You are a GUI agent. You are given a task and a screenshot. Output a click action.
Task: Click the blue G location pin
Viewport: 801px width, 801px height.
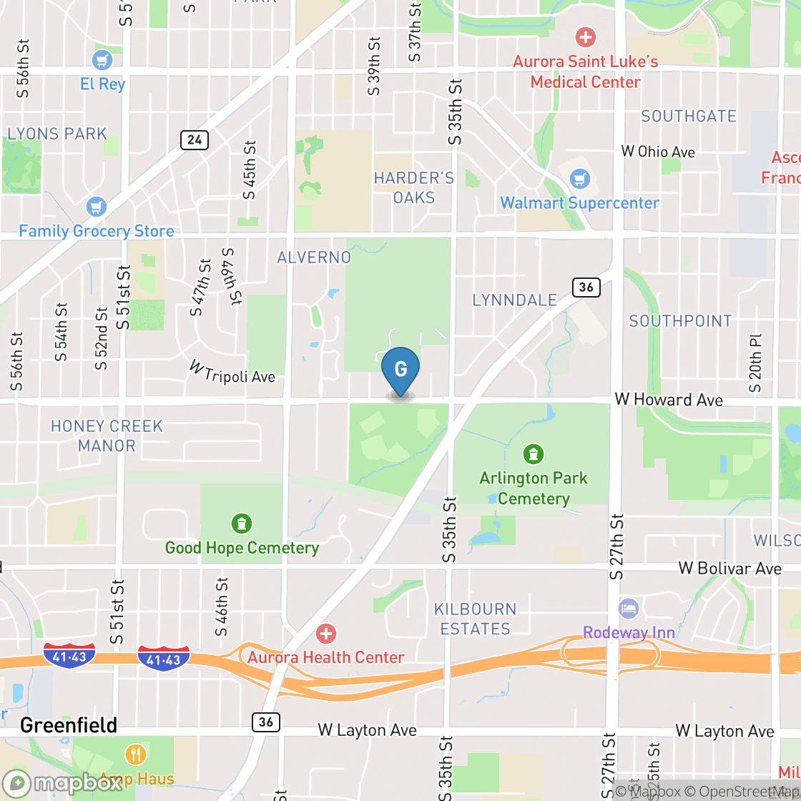(400, 370)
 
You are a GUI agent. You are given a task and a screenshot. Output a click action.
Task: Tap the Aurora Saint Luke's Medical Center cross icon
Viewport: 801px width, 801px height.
(585, 36)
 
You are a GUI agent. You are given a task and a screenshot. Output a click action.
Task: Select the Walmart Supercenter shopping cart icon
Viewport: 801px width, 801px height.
(581, 179)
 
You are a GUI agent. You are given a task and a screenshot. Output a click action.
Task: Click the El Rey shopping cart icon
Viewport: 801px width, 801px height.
(103, 59)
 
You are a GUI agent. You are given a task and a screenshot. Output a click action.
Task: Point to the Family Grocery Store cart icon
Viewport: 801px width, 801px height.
(96, 207)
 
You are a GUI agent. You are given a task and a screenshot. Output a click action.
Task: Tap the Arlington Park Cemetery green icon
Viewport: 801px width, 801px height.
(533, 453)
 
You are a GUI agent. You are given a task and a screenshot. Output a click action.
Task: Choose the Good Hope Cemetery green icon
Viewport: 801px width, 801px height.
(242, 524)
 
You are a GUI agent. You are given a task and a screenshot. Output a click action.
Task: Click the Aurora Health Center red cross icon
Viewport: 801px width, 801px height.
(326, 633)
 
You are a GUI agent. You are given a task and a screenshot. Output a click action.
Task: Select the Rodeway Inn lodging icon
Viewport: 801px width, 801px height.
(629, 609)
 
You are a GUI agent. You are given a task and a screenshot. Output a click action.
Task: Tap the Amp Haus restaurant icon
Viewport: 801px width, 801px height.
(135, 754)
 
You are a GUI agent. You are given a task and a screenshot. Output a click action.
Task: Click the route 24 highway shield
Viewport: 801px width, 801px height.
(195, 139)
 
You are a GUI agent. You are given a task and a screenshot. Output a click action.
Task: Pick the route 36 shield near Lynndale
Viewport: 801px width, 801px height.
(586, 288)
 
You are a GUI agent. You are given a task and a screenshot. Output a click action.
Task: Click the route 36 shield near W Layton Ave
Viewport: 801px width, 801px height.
(265, 722)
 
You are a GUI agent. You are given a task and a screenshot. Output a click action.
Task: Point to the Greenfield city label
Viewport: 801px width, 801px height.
(69, 725)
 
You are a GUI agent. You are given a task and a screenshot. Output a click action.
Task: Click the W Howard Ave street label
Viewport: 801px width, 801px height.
(669, 400)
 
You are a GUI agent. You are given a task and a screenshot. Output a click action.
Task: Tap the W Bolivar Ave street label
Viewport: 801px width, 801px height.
(729, 569)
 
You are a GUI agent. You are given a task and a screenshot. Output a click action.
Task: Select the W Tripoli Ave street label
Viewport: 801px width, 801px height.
(232, 372)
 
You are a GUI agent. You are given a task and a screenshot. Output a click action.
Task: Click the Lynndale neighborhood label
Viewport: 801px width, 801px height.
(514, 300)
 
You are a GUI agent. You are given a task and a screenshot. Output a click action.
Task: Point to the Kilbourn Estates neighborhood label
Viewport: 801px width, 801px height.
(476, 619)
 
